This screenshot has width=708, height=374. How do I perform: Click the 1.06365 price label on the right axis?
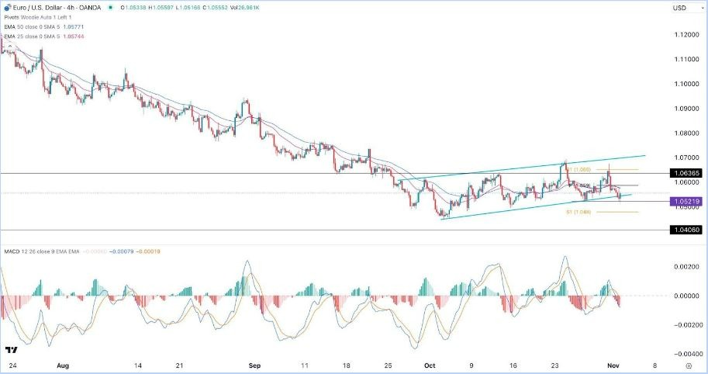point(689,173)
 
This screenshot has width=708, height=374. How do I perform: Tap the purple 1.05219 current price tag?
point(689,202)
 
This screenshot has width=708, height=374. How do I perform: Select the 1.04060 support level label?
point(689,230)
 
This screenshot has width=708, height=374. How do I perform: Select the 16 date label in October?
point(513,363)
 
